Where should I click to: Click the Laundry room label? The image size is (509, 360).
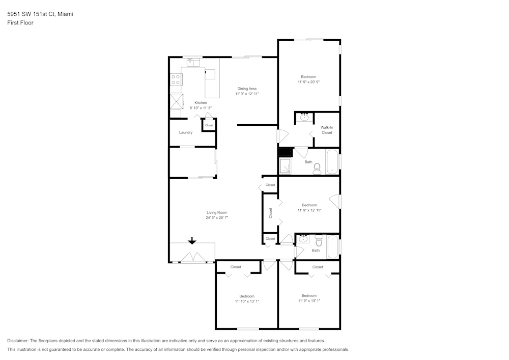[x=186, y=132]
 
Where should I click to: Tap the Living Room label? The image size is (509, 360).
[x=217, y=213]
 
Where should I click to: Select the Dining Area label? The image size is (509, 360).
[x=247, y=89]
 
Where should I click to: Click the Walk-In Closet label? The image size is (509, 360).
[x=327, y=130]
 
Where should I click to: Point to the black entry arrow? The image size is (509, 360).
[x=192, y=241]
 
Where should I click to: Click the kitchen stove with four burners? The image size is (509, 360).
[x=176, y=79]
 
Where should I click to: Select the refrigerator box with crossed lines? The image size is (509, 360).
[x=177, y=101]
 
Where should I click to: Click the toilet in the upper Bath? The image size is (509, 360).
[x=317, y=169]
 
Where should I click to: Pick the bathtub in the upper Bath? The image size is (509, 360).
[x=332, y=161]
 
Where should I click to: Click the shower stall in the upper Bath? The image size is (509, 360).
[x=286, y=166]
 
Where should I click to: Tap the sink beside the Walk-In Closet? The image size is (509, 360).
[x=304, y=117]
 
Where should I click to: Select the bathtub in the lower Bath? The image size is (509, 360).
[x=333, y=247]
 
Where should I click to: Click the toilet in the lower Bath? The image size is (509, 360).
[x=319, y=240]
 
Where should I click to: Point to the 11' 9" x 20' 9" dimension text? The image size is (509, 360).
[x=309, y=82]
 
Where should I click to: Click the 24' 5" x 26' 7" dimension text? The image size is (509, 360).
[x=217, y=218]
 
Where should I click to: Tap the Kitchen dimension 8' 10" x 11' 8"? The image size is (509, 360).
[x=201, y=108]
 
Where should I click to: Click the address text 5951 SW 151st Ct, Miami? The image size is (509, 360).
[x=40, y=14]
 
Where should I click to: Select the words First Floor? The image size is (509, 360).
[x=20, y=23]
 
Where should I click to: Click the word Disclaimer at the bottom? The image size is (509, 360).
[x=18, y=341]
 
